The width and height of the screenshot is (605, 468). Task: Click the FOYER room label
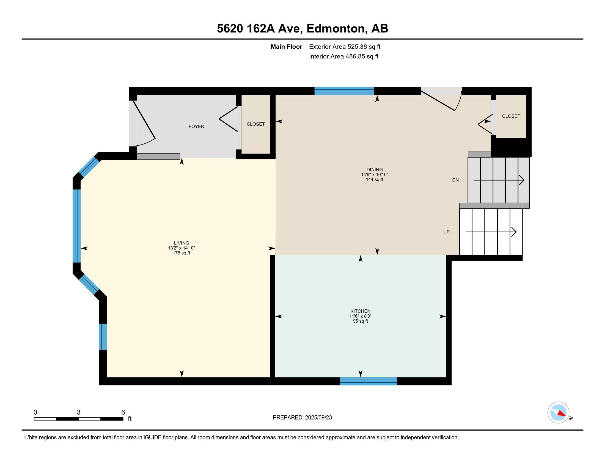coord(196,126)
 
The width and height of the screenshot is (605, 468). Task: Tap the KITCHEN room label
coord(361,311)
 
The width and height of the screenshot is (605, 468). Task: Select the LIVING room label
coord(182,243)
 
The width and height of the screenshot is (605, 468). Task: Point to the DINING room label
coord(375,169)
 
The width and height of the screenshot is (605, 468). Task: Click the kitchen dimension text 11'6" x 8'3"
coord(361,316)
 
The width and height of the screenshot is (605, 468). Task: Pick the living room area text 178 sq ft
coord(182,253)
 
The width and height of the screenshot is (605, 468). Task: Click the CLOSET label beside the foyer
coord(256,124)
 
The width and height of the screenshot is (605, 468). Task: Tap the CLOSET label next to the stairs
coord(511,116)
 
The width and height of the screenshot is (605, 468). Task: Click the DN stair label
coord(455,180)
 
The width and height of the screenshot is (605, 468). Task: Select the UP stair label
coord(446,232)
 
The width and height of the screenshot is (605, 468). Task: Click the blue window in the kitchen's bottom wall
coord(369,381)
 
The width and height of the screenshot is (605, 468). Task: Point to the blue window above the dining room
coord(344,91)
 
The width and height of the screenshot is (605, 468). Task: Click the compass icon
coord(559,413)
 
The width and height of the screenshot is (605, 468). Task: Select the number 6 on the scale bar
coord(123,412)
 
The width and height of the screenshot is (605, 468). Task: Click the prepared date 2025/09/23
coord(318,418)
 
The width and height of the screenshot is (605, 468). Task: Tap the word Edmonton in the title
coord(335,28)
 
